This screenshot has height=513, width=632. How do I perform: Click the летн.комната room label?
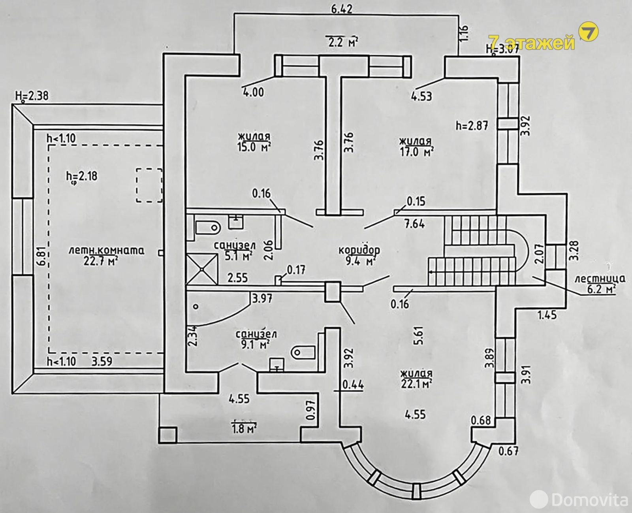point(106,251)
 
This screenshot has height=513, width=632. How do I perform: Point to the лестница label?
point(600,279)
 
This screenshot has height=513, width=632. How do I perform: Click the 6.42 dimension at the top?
point(342,9)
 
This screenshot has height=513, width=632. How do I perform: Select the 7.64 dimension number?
point(414,224)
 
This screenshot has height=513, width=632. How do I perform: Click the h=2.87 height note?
point(472,126)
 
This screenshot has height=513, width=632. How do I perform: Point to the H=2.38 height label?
point(32,96)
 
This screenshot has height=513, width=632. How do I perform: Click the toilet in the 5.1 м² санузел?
point(208,228)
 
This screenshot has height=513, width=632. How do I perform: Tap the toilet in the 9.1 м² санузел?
point(303,353)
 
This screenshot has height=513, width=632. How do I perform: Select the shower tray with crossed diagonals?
point(203,269)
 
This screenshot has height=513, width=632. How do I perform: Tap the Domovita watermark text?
point(589,500)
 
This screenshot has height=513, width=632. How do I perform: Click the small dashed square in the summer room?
point(149,185)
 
